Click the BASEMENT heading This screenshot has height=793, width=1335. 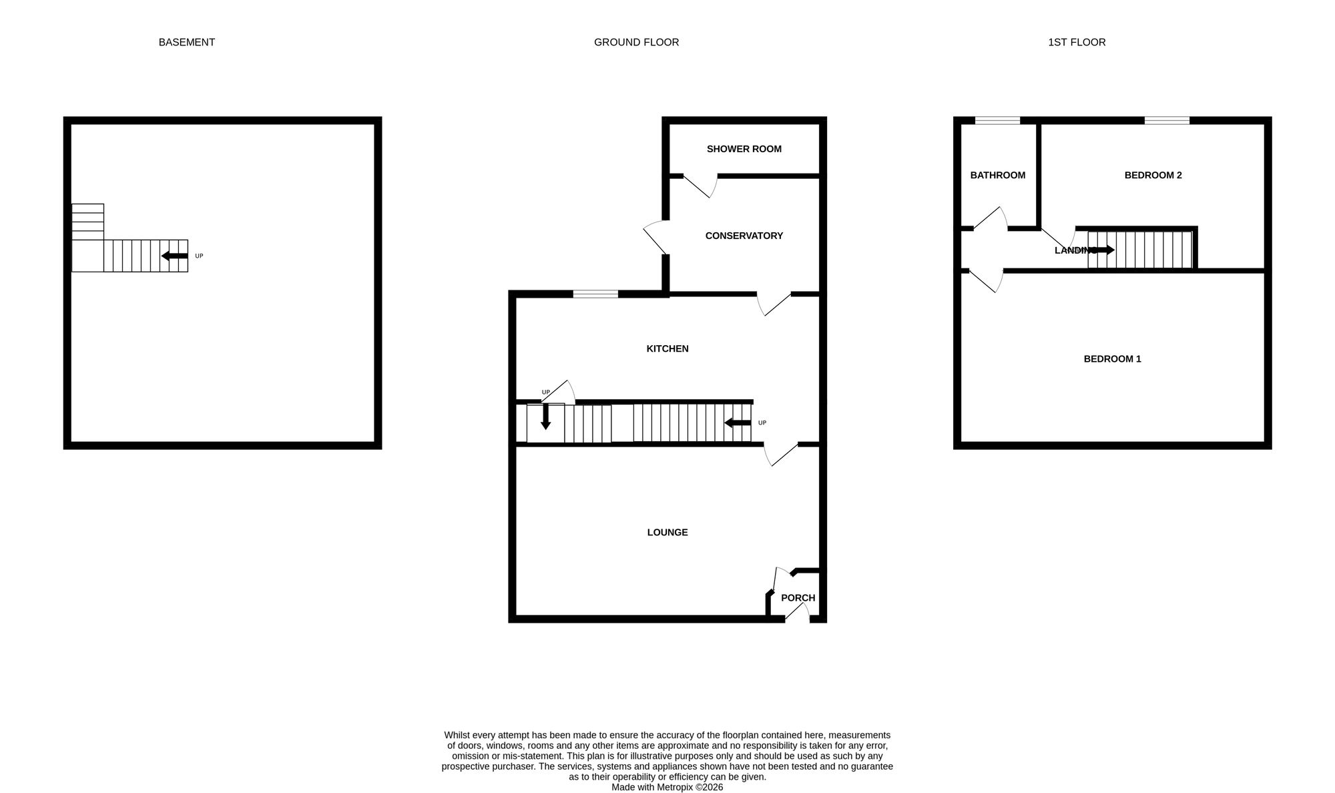click(x=186, y=42)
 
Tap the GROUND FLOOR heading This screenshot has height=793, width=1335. click(x=636, y=42)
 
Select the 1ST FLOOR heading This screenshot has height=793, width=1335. click(x=1076, y=42)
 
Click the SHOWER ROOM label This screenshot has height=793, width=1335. click(x=744, y=149)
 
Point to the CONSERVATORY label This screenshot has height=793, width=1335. click(x=744, y=236)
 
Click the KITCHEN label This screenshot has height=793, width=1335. click(x=667, y=348)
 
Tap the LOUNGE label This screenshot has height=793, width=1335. click(x=667, y=532)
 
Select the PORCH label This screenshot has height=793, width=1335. click(x=798, y=597)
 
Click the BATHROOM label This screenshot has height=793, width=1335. click(x=997, y=175)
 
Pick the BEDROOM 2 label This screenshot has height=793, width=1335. click(x=1153, y=175)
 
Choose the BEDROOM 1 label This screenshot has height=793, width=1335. click(x=1112, y=358)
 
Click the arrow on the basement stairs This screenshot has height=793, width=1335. click(x=174, y=256)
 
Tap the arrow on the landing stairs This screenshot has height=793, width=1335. click(x=1101, y=250)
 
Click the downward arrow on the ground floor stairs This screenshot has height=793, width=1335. click(x=545, y=416)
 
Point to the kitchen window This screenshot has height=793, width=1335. click(x=595, y=294)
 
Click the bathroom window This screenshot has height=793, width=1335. click(x=997, y=121)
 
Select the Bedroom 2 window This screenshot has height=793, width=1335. click(x=1167, y=121)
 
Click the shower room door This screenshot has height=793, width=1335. click(x=700, y=186)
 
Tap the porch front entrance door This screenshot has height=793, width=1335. click(x=796, y=613)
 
